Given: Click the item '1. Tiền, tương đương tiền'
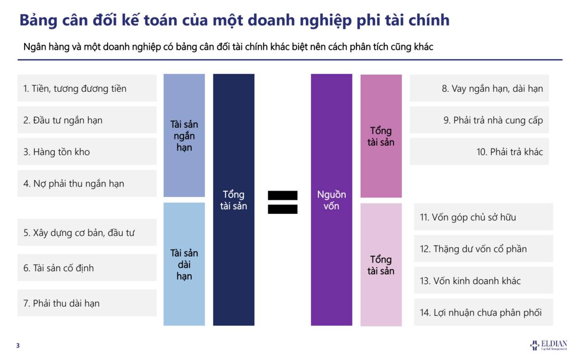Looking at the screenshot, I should pyautogui.click(x=87, y=88).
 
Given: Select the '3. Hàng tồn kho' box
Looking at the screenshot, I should pyautogui.click(x=87, y=152).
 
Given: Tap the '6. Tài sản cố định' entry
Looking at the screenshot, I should pyautogui.click(x=87, y=268).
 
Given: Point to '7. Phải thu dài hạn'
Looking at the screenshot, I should pyautogui.click(x=87, y=303).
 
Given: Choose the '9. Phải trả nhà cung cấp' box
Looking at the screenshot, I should pyautogui.click(x=479, y=120).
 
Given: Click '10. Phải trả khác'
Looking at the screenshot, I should pyautogui.click(x=479, y=152).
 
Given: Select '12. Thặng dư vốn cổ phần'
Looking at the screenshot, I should pyautogui.click(x=483, y=249).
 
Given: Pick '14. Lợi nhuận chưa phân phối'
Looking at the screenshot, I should pyautogui.click(x=483, y=312).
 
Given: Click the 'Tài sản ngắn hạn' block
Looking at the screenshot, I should pyautogui.click(x=184, y=136).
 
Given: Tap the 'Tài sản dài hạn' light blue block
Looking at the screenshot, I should pyautogui.click(x=184, y=264).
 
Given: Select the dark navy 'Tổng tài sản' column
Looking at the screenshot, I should pyautogui.click(x=234, y=200).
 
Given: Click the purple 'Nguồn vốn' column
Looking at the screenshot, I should pyautogui.click(x=331, y=200).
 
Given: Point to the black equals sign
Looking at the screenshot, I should pyautogui.click(x=283, y=202).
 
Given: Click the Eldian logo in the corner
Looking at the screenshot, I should pyautogui.click(x=549, y=345).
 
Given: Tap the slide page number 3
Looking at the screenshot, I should pyautogui.click(x=18, y=346).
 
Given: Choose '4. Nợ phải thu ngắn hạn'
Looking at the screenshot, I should pyautogui.click(x=87, y=184).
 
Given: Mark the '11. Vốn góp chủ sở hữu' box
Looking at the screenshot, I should pyautogui.click(x=483, y=217).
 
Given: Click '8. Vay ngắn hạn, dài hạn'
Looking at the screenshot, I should pyautogui.click(x=479, y=88).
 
